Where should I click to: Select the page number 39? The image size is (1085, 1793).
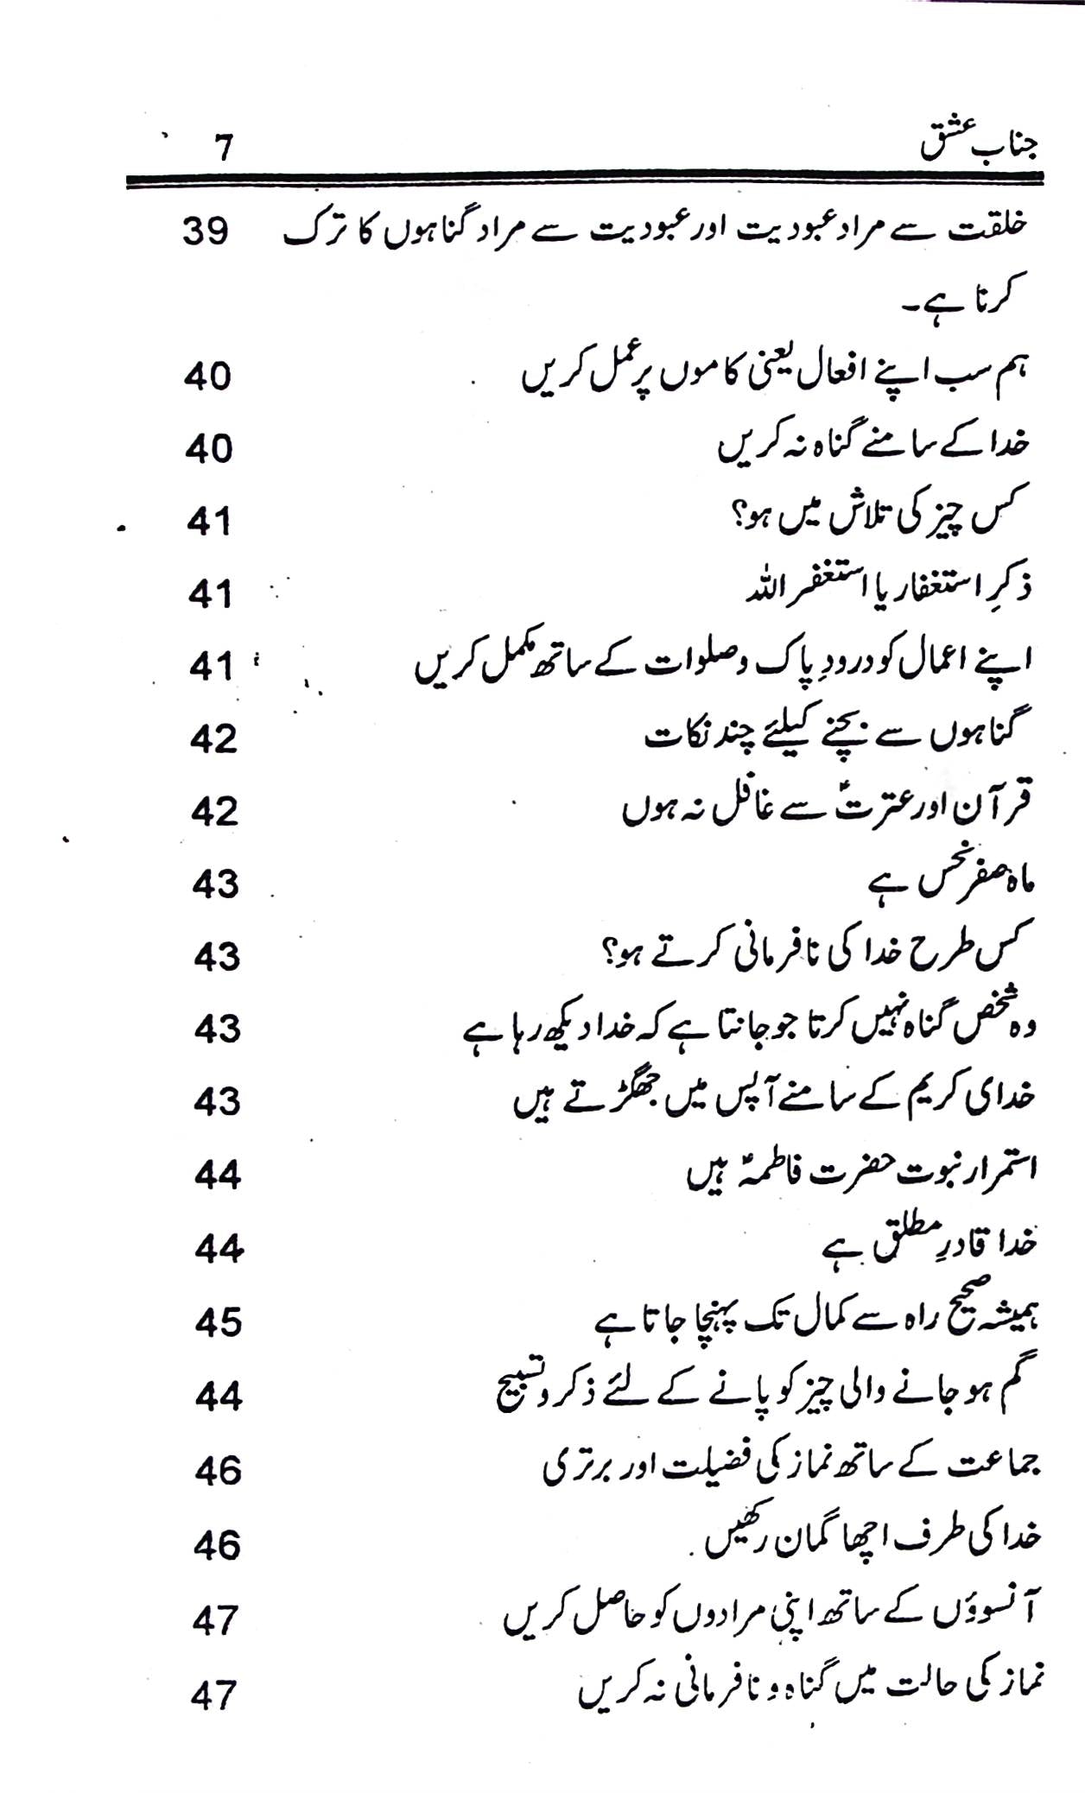click(x=206, y=234)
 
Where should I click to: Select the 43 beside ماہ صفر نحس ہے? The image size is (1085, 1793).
click(x=216, y=885)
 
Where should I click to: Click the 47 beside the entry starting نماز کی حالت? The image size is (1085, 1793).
click(x=213, y=1698)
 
